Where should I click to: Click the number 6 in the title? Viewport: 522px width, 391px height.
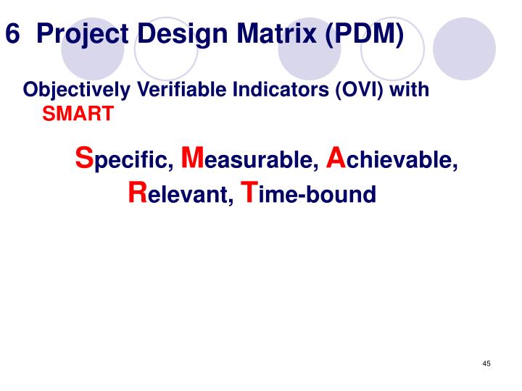click(12, 34)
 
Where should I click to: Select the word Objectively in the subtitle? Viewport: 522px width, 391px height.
click(70, 91)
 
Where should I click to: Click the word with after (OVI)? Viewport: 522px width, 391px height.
click(410, 91)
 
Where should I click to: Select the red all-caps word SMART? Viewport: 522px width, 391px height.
click(78, 114)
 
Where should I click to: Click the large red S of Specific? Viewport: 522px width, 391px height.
click(85, 157)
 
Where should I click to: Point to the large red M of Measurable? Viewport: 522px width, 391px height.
click(191, 157)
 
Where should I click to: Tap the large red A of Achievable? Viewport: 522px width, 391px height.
click(336, 157)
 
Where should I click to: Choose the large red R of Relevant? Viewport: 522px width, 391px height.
click(137, 192)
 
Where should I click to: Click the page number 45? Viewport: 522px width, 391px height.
click(486, 363)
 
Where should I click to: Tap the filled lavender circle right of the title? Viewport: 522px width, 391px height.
click(464, 49)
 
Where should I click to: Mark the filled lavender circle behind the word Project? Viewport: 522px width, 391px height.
click(92, 49)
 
